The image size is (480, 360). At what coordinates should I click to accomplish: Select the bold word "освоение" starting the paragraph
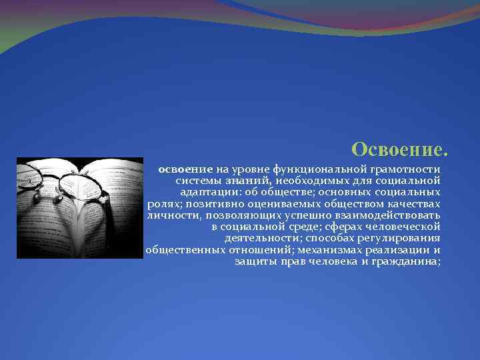(x=185, y=170)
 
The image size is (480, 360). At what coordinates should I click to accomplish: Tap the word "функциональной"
(x=321, y=170)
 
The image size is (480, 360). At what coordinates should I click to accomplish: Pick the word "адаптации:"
(x=214, y=191)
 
